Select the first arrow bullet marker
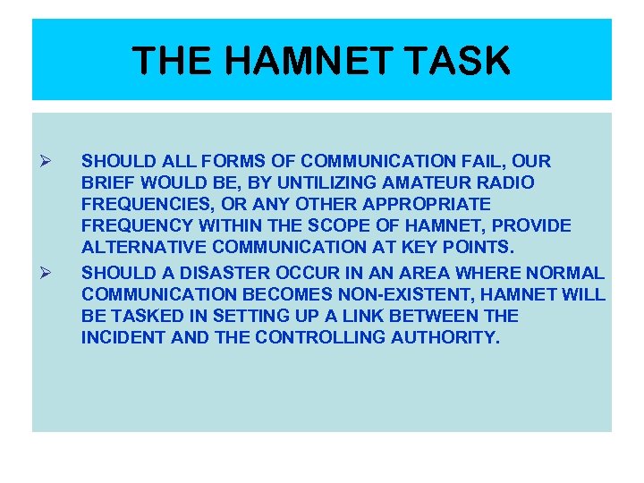tap(50, 162)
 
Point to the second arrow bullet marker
tap(50, 272)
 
